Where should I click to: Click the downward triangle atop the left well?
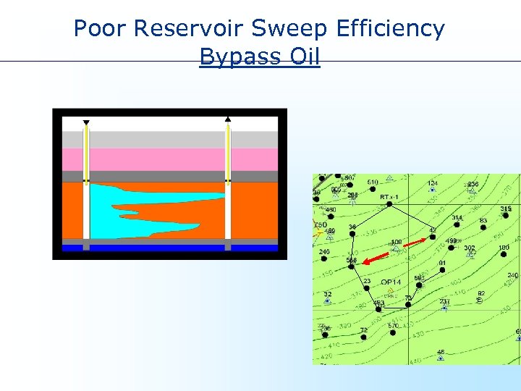pos(86,122)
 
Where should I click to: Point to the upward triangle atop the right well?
pos(228,118)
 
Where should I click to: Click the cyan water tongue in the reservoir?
pos(130,210)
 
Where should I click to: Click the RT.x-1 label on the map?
pos(389,196)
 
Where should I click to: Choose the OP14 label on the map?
pos(391,282)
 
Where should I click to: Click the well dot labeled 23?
pos(368,288)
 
